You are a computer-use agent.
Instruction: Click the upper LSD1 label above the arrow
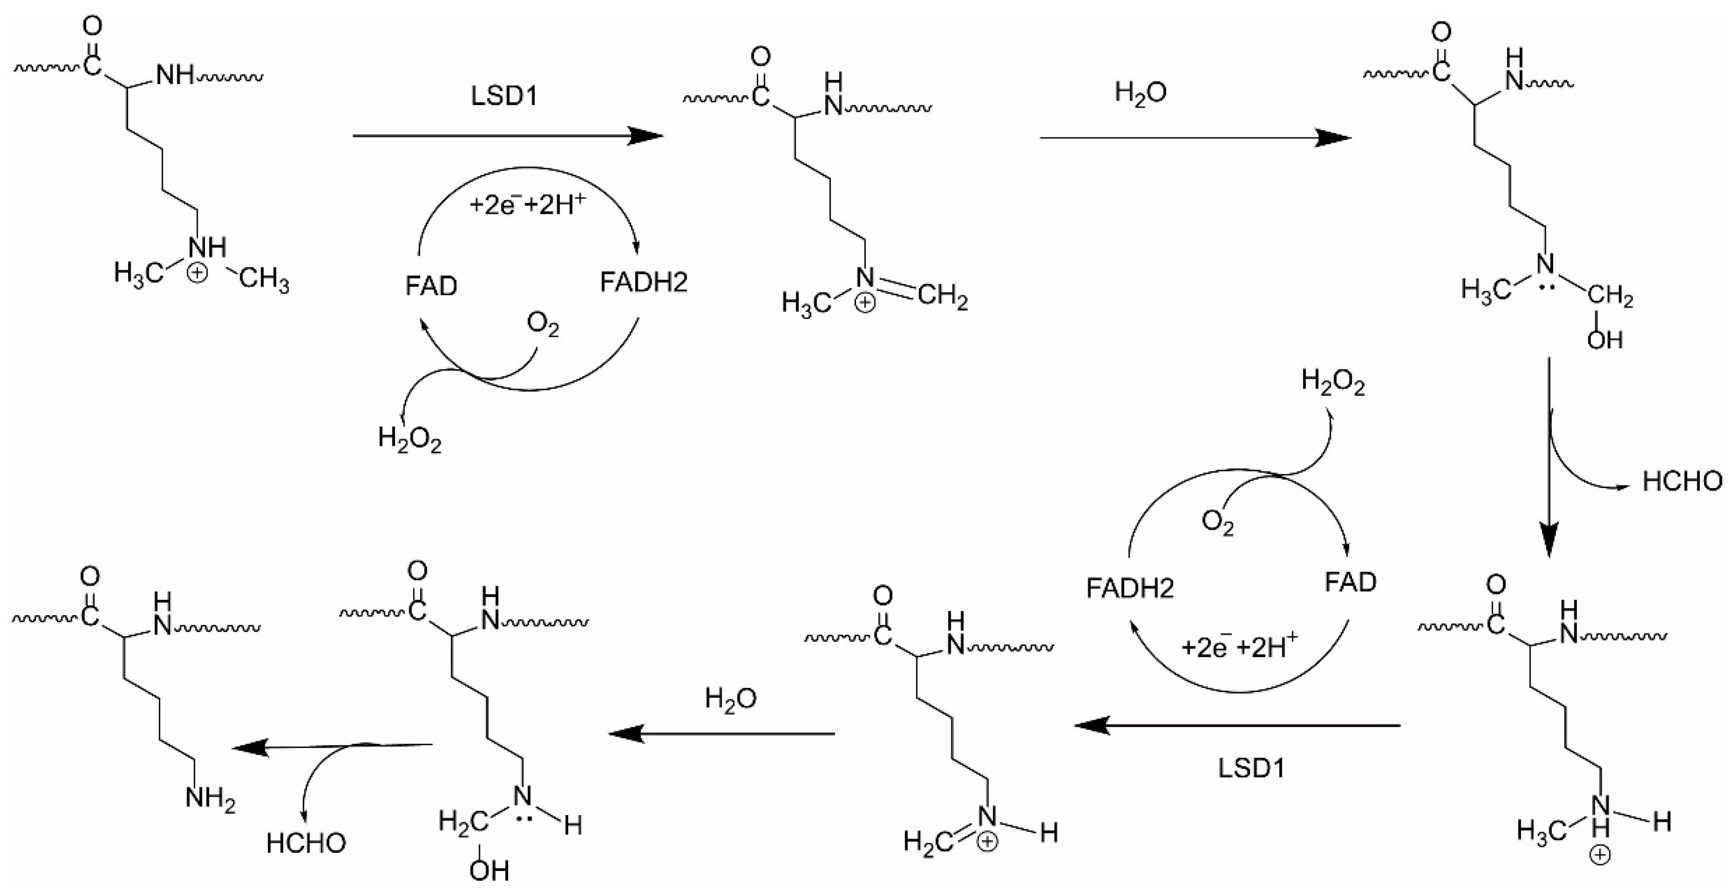[504, 97]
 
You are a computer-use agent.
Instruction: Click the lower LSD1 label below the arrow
[1251, 768]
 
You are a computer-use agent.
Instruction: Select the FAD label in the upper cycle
[431, 286]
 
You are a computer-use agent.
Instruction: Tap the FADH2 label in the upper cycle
[643, 282]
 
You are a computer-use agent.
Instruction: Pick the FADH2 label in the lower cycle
[1130, 588]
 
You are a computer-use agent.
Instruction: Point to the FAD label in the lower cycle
[1350, 581]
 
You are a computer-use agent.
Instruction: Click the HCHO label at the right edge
[1682, 481]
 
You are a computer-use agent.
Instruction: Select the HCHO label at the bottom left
[306, 843]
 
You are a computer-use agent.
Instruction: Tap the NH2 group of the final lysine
[210, 799]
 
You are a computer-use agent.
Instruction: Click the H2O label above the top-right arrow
[1140, 93]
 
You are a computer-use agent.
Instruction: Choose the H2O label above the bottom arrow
[730, 699]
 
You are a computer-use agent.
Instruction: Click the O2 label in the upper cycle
[543, 325]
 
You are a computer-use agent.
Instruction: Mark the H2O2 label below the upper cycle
[409, 440]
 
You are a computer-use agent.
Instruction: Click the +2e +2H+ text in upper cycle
[528, 204]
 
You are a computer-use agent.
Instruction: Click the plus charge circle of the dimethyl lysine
[197, 274]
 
